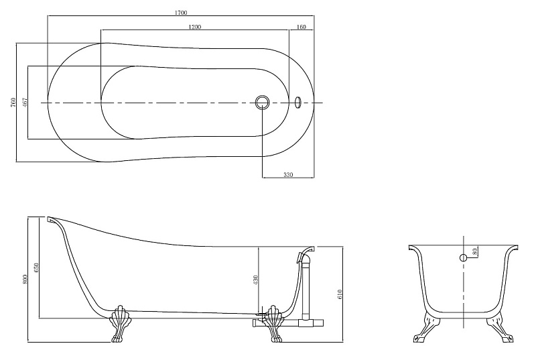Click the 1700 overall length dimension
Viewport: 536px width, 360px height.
pos(181,13)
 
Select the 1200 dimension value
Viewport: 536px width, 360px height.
pos(195,27)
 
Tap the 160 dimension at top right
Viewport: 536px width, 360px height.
pos(301,27)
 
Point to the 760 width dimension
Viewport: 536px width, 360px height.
pos(13,102)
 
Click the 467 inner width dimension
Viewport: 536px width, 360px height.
pos(25,102)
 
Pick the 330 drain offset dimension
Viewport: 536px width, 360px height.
pos(288,175)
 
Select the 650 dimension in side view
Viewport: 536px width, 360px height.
pos(37,267)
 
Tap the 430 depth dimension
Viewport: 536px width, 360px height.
pos(256,280)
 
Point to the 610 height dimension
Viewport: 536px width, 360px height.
pos(340,294)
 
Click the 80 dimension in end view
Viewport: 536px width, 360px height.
pos(474,251)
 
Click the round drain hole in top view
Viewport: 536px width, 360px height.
pos(262,101)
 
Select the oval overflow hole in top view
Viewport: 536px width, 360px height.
pos(297,101)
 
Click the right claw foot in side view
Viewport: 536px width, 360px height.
pos(275,323)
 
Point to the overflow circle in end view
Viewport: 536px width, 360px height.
pos(463,258)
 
